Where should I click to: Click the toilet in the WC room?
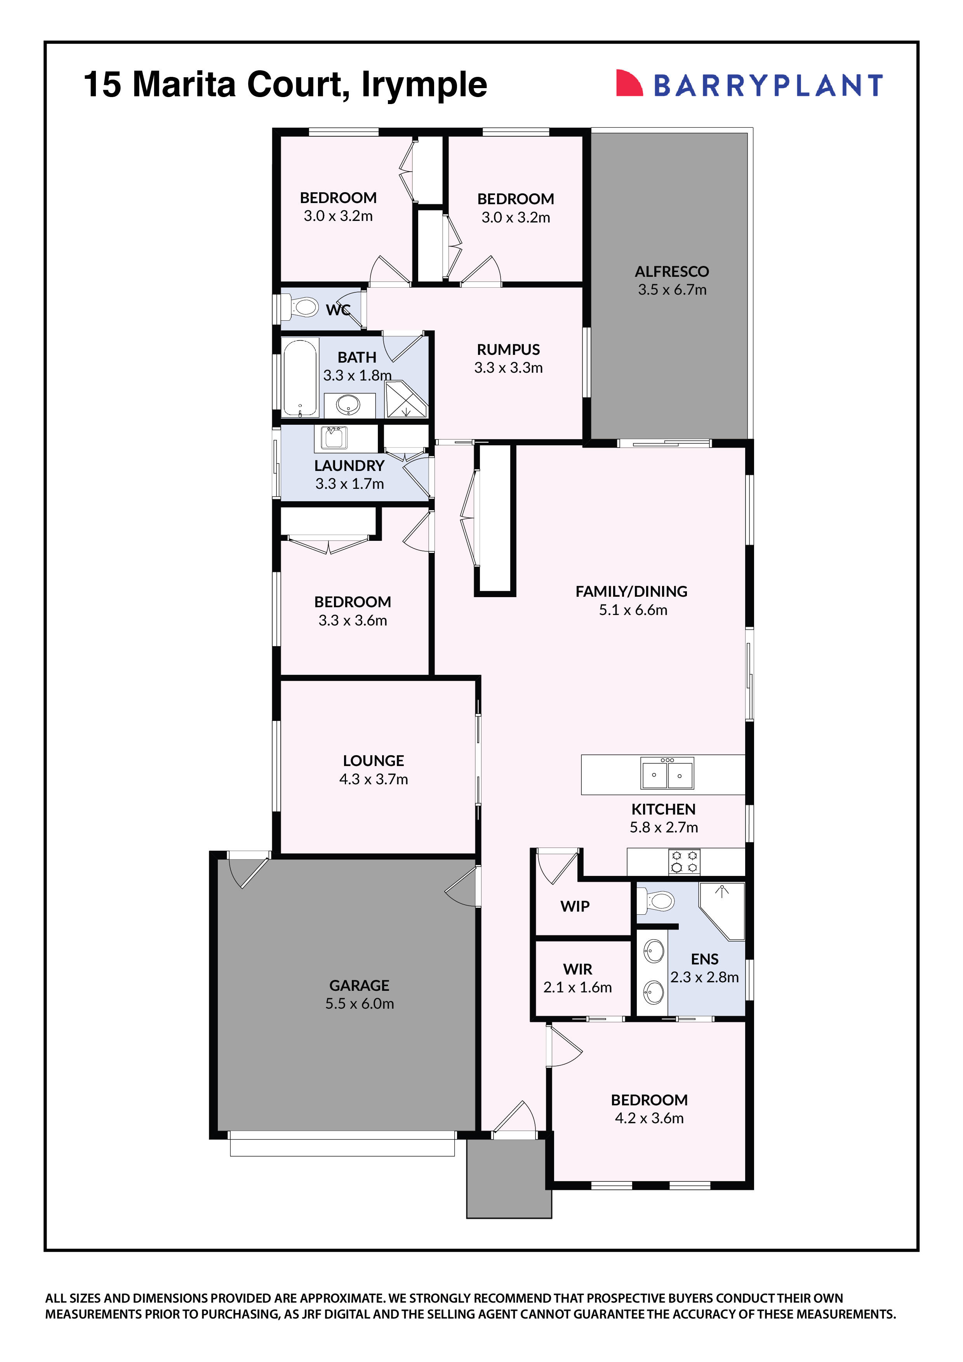(302, 307)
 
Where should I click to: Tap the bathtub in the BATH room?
(300, 377)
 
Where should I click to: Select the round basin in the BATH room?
(348, 405)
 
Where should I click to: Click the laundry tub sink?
(334, 438)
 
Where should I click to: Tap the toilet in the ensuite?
(657, 902)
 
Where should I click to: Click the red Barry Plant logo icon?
(629, 83)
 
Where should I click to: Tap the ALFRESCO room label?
(672, 272)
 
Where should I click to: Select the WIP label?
(574, 907)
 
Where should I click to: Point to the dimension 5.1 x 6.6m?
(633, 610)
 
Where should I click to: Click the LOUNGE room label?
(373, 761)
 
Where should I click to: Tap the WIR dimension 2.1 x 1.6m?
(577, 987)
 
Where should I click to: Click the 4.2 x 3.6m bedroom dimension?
(649, 1118)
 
